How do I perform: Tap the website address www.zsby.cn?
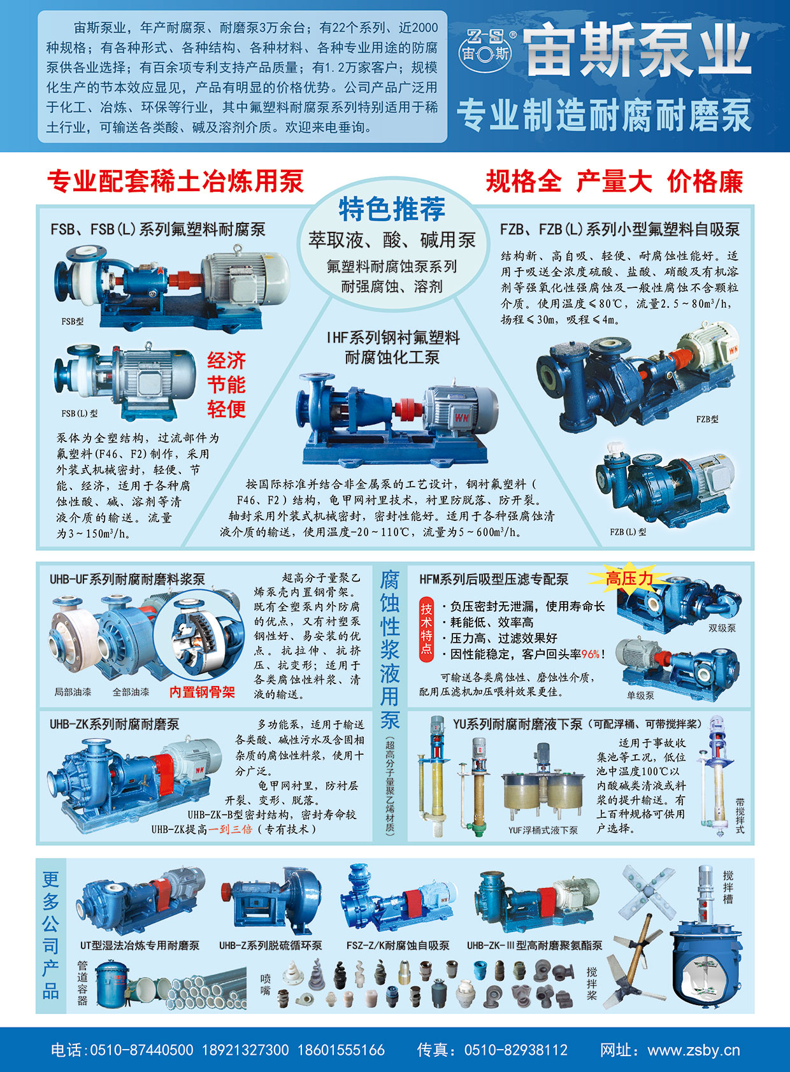pos(694,1050)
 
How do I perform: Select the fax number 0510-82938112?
pos(515,1050)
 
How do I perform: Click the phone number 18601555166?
pos(341,1050)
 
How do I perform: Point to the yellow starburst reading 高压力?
pos(629,579)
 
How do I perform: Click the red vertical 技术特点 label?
pos(426,629)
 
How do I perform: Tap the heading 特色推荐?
pos(392,209)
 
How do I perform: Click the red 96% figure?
pos(591,654)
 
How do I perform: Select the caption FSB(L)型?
pos(80,413)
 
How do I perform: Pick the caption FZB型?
pos(707,419)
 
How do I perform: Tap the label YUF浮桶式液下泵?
pos(543,831)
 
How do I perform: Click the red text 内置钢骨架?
pos(202,692)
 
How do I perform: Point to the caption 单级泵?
pos(640,696)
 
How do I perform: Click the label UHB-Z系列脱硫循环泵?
pos(271,946)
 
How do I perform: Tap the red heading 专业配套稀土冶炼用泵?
pos(175,182)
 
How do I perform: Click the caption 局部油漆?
pos(73,692)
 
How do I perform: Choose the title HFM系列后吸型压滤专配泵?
pos(494,580)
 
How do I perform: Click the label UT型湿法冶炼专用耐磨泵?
pos(140,946)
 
